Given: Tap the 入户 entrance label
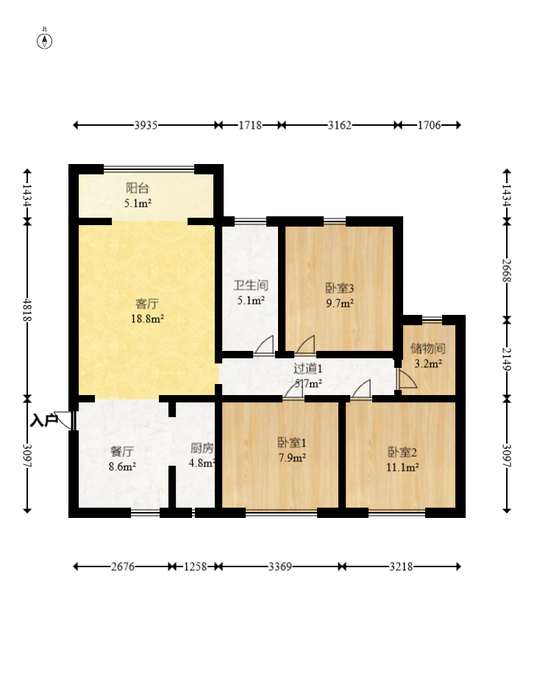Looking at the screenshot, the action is (43, 421).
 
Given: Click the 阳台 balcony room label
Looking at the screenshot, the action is (138, 188).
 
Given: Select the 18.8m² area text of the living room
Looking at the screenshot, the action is (147, 319).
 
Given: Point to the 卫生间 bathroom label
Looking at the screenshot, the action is (251, 285).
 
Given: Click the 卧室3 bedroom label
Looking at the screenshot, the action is (340, 288).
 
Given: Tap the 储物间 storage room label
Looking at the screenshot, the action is (428, 349).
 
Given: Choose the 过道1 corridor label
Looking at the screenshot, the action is (308, 369).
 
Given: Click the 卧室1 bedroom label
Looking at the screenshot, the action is (292, 443).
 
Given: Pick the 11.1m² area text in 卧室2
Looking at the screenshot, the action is (402, 468).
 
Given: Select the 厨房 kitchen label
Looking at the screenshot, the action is (202, 449).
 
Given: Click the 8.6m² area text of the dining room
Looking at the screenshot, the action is (122, 466).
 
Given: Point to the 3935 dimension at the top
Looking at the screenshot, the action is (146, 125).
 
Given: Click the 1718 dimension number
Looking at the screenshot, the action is (250, 125).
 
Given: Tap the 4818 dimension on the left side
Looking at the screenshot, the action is (27, 309).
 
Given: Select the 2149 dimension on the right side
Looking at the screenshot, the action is (507, 359).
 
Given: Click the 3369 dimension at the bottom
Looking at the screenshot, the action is (280, 566).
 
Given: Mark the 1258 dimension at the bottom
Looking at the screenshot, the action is (195, 566).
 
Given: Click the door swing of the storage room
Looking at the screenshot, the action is (407, 378).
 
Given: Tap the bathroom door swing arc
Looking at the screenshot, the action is (264, 344).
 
